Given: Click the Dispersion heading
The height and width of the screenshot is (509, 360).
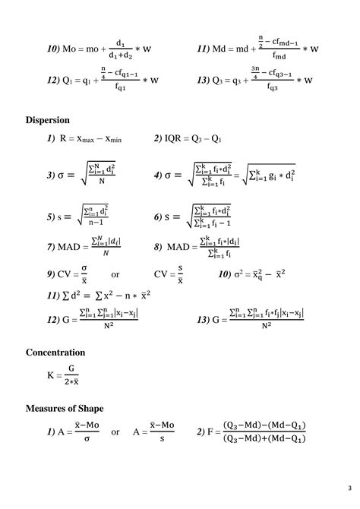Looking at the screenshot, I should point(48,119).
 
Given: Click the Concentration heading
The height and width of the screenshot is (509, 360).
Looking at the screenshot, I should point(55,353).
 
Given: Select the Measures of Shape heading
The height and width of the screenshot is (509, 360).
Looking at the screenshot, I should point(64,409).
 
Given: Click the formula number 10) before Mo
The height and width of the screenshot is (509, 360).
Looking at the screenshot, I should point(52,49).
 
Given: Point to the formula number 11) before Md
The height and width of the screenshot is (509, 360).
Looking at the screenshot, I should point(203,49).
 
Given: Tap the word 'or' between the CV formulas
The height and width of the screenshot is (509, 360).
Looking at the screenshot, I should point(115,274).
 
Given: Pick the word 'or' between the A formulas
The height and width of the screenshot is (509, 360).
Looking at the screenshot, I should point(115,432).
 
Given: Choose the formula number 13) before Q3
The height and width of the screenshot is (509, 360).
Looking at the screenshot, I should point(203,80).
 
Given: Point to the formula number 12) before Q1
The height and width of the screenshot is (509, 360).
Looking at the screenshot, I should point(52,80).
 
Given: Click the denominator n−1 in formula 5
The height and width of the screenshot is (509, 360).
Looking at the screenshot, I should point(93,223).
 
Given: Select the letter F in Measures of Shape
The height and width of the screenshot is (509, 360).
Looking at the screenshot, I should point(212,432).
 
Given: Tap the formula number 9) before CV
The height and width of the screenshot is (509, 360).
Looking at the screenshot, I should point(50,274).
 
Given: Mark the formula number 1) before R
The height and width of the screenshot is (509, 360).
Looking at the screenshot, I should point(50,139).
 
